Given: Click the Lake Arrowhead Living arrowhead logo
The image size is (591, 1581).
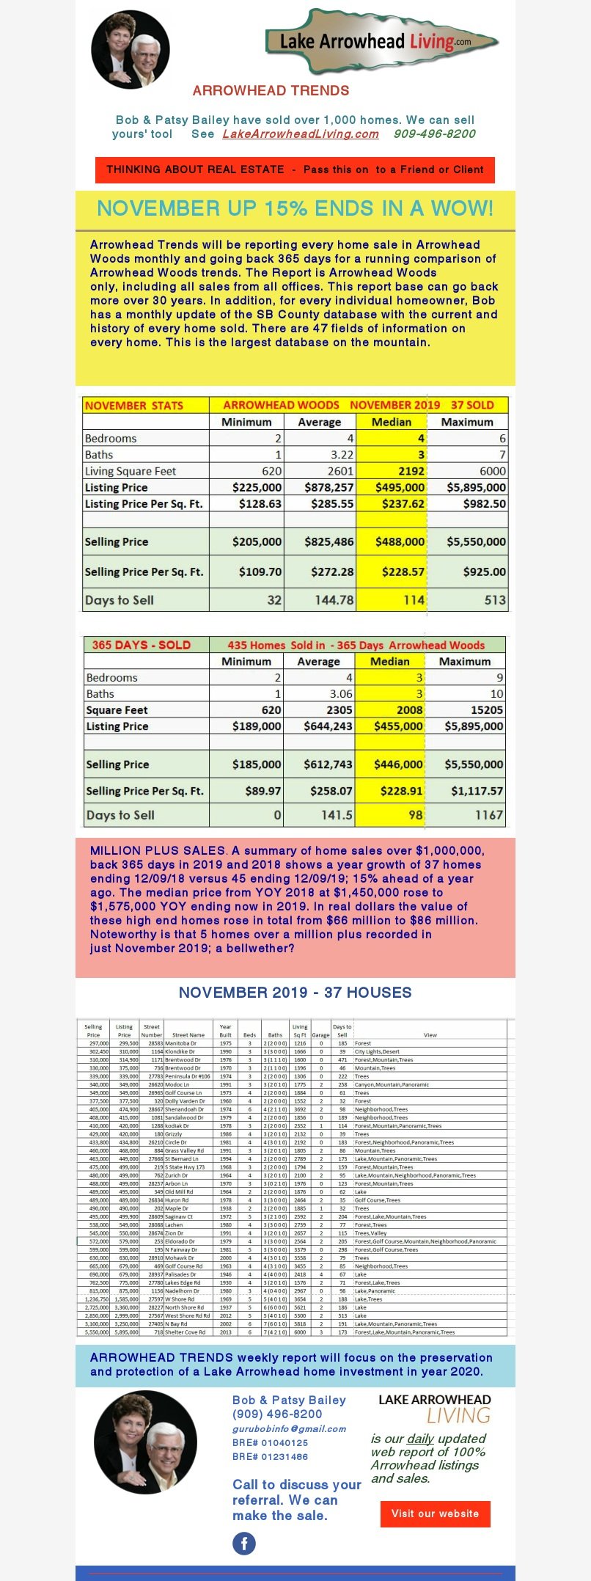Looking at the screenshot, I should [x=381, y=42].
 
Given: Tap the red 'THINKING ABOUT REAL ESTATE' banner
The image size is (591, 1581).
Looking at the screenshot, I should [x=295, y=169].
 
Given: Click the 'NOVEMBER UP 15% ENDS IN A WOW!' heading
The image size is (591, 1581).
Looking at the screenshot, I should [x=295, y=208].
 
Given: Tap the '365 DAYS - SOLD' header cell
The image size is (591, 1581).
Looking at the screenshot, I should [x=141, y=645].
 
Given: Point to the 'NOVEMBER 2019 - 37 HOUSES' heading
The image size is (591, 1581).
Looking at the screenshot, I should [x=295, y=993].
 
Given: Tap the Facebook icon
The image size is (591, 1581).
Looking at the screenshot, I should [x=244, y=1544].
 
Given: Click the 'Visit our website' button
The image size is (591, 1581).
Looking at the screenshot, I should [x=435, y=1514].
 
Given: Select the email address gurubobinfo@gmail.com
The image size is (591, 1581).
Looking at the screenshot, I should [x=289, y=1428].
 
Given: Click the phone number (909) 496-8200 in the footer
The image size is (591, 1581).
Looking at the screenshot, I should [x=277, y=1414].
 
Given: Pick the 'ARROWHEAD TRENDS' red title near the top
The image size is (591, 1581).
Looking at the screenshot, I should [x=271, y=91].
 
